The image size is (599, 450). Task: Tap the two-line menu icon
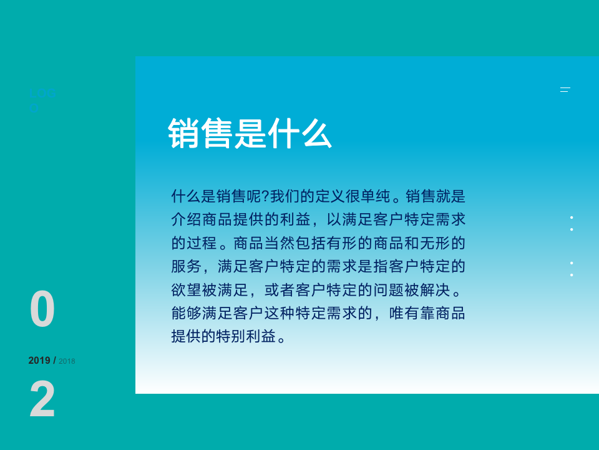(x=565, y=90)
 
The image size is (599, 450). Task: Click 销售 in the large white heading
(x=200, y=133)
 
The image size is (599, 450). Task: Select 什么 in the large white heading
(x=299, y=133)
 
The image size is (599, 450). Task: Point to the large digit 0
(x=42, y=310)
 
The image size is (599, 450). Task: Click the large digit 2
(x=42, y=400)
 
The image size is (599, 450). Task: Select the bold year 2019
(x=39, y=361)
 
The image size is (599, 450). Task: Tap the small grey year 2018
(x=67, y=361)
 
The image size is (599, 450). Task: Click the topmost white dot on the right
(x=572, y=217)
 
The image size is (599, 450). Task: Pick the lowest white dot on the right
(x=572, y=275)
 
